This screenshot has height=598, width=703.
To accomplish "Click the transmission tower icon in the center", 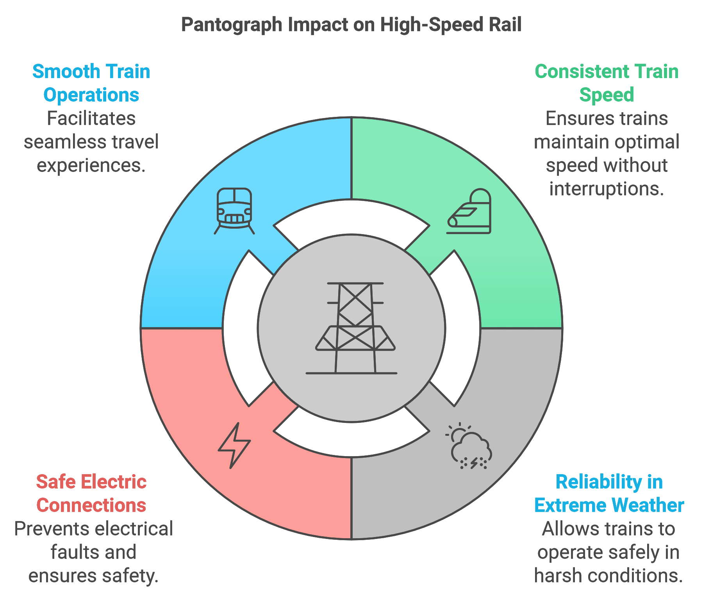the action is point(351,328).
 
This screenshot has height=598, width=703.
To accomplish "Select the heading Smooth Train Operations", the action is point(91,83).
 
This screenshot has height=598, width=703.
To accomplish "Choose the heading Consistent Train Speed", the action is point(607,83).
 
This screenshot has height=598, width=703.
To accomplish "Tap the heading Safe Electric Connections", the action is point(91,494).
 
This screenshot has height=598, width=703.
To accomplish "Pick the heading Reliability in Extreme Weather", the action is point(609,494).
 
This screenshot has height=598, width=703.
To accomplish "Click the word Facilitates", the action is point(91,118).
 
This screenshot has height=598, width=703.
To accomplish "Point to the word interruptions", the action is point(607,189).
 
